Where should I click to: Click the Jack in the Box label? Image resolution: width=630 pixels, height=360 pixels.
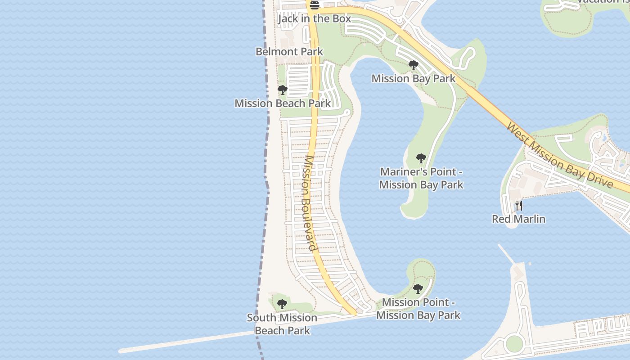tap(314, 18)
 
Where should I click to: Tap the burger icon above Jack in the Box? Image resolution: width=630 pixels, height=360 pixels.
tap(314, 5)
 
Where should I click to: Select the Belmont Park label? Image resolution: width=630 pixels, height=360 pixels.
tap(289, 52)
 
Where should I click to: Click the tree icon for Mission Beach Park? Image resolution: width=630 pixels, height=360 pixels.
tap(283, 90)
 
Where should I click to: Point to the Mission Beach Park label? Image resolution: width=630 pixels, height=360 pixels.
tap(283, 103)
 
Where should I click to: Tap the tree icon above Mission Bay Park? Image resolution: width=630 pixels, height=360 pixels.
tap(414, 66)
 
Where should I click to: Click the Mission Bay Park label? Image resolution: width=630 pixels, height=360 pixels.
tap(414, 79)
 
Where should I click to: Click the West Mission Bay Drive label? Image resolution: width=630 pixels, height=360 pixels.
tap(560, 155)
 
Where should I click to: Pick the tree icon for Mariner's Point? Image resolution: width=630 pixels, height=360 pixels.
tap(421, 158)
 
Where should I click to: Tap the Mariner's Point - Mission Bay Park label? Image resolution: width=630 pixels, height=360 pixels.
tap(421, 178)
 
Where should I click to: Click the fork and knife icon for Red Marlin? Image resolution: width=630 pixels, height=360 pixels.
tap(519, 206)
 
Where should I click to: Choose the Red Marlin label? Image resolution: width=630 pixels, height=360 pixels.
tap(519, 219)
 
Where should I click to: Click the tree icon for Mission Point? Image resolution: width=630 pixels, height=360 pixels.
tap(418, 289)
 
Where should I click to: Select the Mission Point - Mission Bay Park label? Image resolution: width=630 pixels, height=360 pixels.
tap(418, 309)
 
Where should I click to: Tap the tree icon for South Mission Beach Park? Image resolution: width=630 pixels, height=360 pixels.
tap(282, 305)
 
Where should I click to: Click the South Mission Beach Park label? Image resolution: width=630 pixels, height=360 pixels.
tap(282, 324)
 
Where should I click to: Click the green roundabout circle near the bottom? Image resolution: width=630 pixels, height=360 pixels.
tap(514, 344)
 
